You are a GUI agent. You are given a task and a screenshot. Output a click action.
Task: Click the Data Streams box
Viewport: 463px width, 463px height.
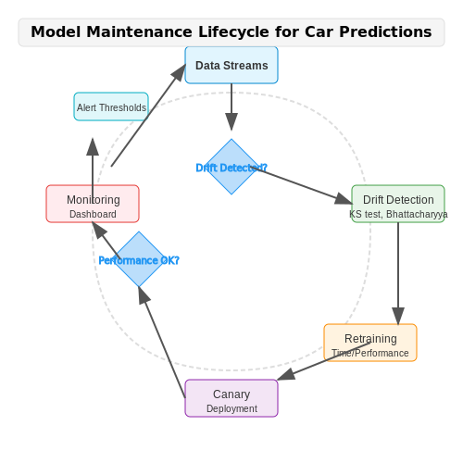click(x=231, y=65)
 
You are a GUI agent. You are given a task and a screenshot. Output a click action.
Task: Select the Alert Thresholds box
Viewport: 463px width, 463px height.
click(x=111, y=106)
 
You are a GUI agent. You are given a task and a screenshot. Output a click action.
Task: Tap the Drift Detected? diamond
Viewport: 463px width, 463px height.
click(x=231, y=167)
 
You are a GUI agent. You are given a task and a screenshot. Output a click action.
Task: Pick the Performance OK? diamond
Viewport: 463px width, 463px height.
click(x=139, y=259)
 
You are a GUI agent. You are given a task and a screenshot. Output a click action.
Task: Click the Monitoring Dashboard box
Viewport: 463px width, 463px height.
click(x=93, y=204)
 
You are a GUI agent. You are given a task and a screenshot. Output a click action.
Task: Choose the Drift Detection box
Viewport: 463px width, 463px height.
click(x=398, y=204)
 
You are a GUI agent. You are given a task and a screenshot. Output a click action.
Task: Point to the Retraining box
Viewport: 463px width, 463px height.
click(x=370, y=343)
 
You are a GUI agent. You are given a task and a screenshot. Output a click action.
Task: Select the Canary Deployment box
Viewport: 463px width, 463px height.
click(x=231, y=398)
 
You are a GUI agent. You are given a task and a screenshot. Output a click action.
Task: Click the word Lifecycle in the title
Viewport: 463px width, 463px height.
click(x=233, y=31)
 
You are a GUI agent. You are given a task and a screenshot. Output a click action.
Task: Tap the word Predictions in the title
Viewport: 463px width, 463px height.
click(x=385, y=31)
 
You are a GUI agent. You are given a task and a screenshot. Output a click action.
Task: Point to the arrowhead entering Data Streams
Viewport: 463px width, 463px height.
click(x=179, y=73)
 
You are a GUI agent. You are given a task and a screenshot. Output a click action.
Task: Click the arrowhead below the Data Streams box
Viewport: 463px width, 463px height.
click(x=231, y=122)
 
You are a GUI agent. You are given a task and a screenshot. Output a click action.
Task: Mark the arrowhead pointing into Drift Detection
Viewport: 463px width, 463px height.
click(x=344, y=199)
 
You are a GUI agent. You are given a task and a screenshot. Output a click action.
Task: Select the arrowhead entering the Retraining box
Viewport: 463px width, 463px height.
click(x=398, y=316)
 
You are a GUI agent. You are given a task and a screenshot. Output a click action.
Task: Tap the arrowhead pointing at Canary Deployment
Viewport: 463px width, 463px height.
click(x=286, y=375)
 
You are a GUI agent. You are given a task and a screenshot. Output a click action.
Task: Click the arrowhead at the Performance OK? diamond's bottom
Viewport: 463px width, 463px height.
click(x=144, y=295)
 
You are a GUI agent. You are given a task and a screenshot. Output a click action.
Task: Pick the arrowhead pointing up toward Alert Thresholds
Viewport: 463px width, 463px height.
click(x=93, y=146)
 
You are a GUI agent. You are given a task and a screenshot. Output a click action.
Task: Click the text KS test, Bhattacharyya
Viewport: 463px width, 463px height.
click(x=398, y=214)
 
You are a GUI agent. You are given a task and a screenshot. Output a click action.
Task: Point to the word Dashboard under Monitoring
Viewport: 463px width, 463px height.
click(x=93, y=214)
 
